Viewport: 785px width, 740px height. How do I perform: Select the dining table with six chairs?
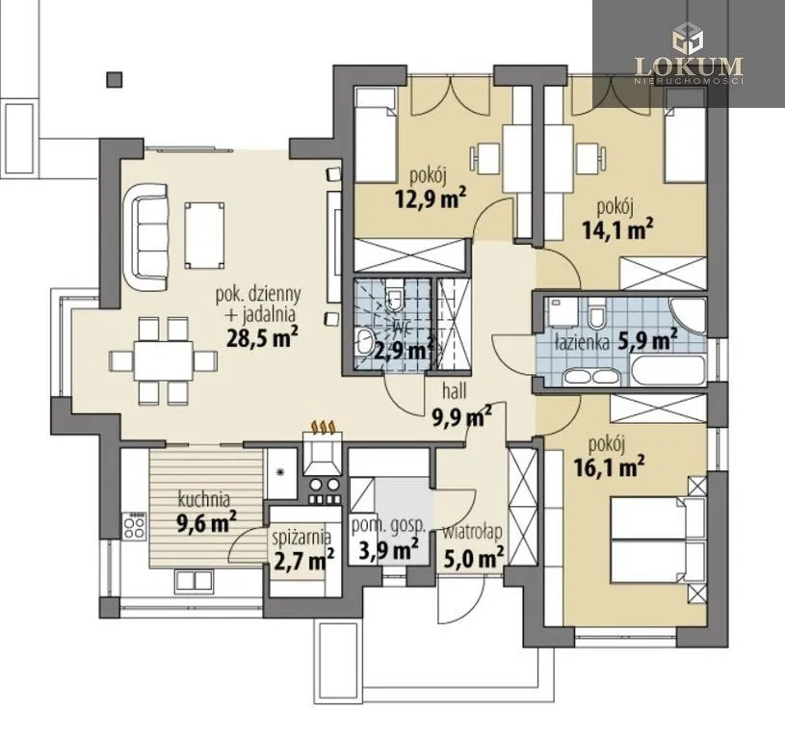(163, 360)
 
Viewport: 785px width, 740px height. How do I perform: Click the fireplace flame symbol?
(323, 427)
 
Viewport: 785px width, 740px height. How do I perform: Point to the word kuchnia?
(204, 499)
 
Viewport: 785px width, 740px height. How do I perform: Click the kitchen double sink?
(195, 580)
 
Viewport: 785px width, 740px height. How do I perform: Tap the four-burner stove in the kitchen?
(134, 526)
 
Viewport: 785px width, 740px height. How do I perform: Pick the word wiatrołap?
(472, 532)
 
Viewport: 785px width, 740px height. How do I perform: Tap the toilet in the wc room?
(395, 299)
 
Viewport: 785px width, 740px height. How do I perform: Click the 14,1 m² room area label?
(617, 230)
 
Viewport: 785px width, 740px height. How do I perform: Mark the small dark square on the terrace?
(115, 79)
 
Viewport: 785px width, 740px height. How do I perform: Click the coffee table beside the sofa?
(204, 235)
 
